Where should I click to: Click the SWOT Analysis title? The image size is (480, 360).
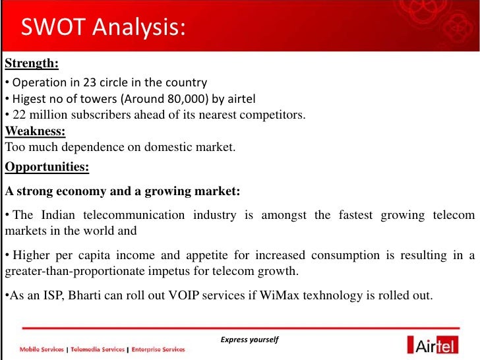coord(102,28)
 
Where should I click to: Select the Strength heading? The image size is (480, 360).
coord(32,64)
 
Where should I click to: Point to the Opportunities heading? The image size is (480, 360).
coord(47,167)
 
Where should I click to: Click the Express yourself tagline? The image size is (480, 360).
coord(250,340)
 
